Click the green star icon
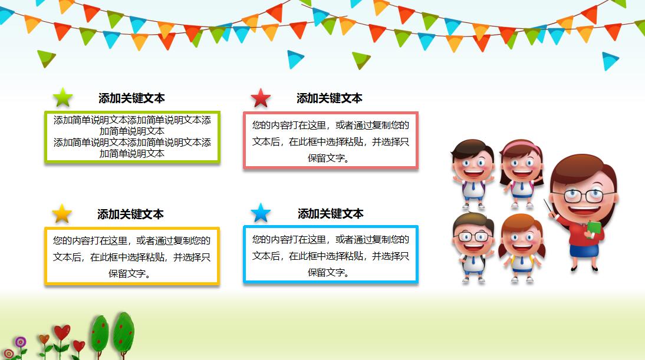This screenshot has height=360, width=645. click(x=63, y=97)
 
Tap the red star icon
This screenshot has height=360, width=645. click(x=261, y=98)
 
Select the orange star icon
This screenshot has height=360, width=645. click(x=62, y=213)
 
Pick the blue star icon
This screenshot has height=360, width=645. click(x=261, y=213)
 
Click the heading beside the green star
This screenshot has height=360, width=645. click(x=131, y=98)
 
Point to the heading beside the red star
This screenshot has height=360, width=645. click(x=330, y=98)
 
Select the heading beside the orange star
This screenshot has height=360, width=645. click(x=130, y=214)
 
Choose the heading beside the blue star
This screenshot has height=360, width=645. click(x=331, y=213)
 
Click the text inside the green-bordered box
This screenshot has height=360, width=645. click(x=132, y=137)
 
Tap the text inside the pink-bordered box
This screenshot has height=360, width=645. click(x=331, y=141)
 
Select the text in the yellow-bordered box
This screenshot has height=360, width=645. click(x=132, y=257)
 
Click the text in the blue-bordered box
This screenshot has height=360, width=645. click(x=331, y=256)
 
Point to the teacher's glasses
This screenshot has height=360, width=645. click(x=583, y=196)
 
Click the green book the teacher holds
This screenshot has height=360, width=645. click(x=594, y=229)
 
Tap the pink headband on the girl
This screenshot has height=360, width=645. click(x=521, y=145)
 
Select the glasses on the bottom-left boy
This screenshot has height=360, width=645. click(x=472, y=236)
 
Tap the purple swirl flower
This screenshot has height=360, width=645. click(x=21, y=341)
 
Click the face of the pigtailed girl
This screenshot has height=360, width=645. click(x=522, y=239)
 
